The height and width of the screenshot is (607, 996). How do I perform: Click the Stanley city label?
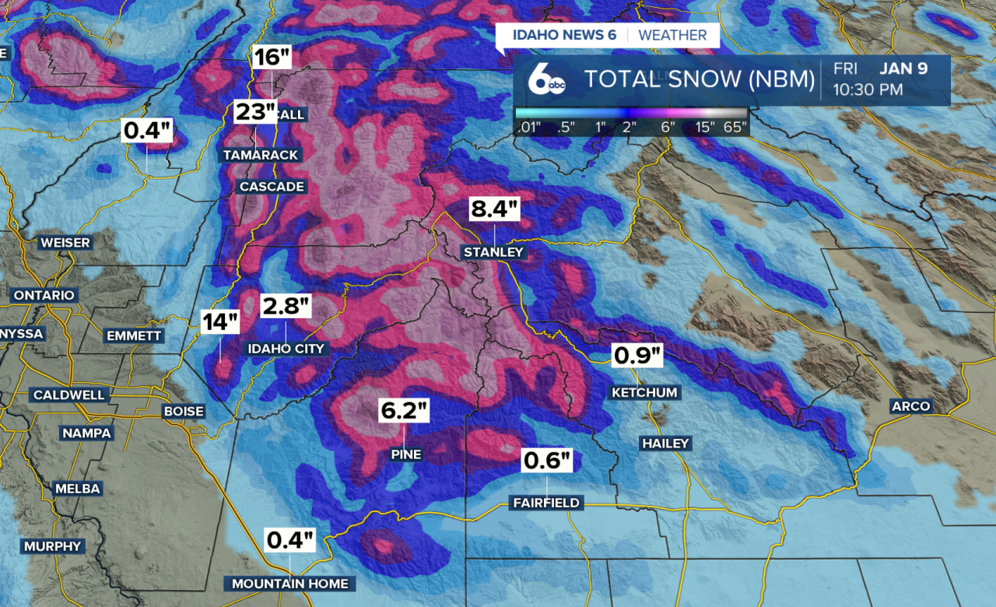(494, 252)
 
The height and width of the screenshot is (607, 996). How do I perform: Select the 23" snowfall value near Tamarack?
(255, 112)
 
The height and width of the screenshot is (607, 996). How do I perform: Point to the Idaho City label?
(286, 349)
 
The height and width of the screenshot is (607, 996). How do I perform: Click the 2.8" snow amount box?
(286, 307)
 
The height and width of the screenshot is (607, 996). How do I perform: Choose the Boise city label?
(184, 411)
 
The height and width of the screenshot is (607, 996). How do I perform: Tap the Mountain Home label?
(289, 584)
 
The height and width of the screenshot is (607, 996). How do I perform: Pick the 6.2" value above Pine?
(404, 411)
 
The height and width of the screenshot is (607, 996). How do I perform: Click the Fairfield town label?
(546, 503)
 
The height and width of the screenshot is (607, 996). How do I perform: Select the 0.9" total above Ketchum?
(637, 356)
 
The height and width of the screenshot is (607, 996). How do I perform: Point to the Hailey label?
(665, 444)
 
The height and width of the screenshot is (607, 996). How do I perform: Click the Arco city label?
(911, 406)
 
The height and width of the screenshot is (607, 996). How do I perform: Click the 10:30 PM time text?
(868, 89)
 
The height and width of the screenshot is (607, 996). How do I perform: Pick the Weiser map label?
(65, 243)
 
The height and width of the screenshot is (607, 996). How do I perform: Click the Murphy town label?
(53, 546)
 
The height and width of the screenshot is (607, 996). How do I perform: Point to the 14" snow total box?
(220, 322)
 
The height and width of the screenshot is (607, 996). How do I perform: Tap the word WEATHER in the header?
(672, 35)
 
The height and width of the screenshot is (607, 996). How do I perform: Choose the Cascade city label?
(272, 187)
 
